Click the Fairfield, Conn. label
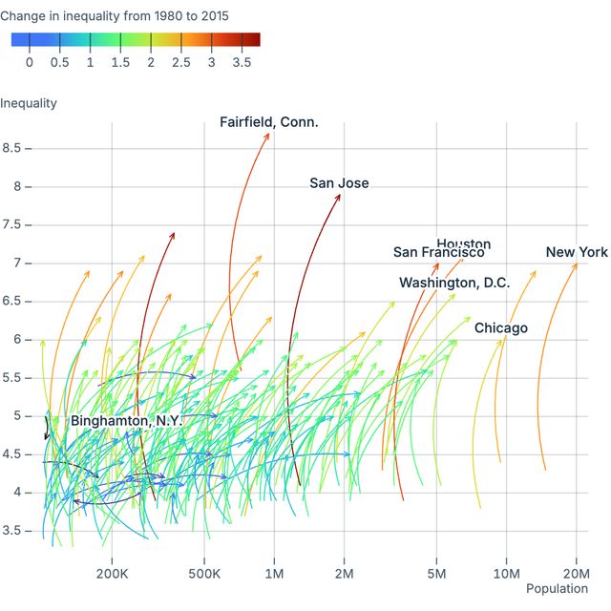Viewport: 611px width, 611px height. (269, 122)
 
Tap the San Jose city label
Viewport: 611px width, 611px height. (339, 183)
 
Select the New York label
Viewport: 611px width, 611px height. (577, 252)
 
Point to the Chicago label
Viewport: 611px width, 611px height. (501, 328)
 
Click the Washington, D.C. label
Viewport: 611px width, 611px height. (454, 283)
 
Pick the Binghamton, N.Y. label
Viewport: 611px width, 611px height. (125, 421)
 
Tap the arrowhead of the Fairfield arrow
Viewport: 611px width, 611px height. (268, 134)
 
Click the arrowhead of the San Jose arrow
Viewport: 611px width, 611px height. (339, 195)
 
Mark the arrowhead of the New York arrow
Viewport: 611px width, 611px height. (576, 264)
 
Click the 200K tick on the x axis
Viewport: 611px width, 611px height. (113, 573)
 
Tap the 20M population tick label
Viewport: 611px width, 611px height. (577, 573)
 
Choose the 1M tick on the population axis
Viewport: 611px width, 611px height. (274, 573)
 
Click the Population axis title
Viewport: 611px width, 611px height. (557, 589)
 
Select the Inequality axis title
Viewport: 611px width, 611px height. (29, 103)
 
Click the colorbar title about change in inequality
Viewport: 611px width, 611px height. (114, 16)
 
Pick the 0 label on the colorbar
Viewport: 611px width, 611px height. (30, 62)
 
